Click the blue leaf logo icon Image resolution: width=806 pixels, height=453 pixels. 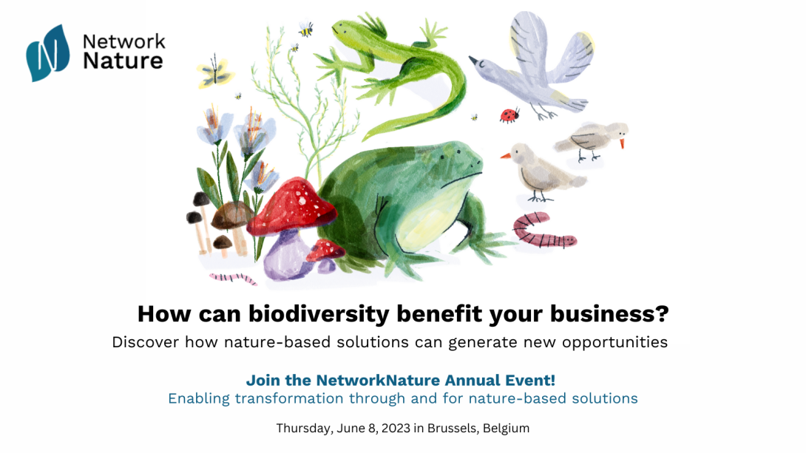point(48,53)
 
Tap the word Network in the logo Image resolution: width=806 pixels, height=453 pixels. point(124,41)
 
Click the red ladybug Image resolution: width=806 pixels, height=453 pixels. point(509,115)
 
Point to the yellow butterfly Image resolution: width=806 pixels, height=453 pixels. point(214,72)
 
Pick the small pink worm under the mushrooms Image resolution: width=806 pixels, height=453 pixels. point(233,279)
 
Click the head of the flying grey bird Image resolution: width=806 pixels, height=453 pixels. point(482,64)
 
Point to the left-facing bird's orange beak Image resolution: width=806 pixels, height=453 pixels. point(507,155)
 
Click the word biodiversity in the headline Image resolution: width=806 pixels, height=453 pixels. point(319,313)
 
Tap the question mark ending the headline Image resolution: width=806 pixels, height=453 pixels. point(662,313)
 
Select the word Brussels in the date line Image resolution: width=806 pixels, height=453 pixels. point(451,428)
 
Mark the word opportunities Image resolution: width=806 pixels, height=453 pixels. point(614,343)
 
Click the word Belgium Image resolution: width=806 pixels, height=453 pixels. point(506,429)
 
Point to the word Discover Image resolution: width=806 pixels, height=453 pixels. point(146,342)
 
